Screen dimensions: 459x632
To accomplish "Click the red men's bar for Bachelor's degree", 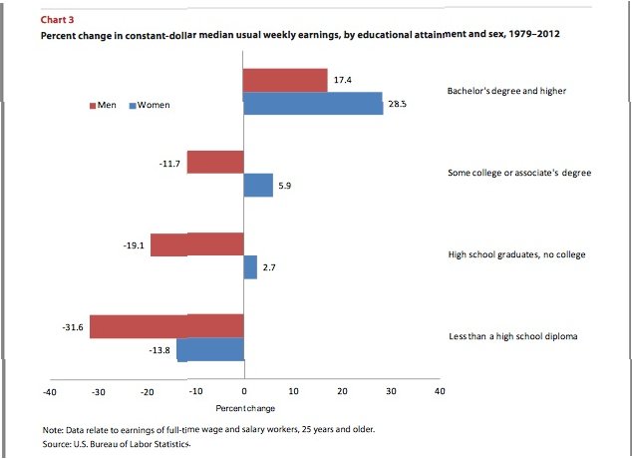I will [286, 80].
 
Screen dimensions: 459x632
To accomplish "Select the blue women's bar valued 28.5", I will [314, 103].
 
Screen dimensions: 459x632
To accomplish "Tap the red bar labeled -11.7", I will [215, 162].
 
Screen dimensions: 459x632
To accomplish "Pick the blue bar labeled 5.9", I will [259, 185].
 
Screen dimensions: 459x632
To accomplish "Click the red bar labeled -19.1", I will [197, 244].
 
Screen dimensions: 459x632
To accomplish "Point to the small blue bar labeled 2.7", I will [251, 267].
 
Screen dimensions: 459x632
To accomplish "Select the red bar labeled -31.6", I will [167, 325].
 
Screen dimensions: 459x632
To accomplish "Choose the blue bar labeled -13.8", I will [211, 349].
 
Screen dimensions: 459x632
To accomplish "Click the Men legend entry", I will [105, 105].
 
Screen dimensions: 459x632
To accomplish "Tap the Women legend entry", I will [150, 105].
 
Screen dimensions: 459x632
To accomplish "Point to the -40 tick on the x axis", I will [48, 392].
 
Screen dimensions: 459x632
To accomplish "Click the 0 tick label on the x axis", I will [244, 392].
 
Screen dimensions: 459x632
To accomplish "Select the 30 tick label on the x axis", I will [391, 392].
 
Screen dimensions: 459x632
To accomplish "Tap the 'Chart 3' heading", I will [56, 19].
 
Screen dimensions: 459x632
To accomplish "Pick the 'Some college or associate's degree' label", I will [518, 173].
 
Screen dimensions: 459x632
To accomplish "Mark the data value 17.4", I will [342, 79].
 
